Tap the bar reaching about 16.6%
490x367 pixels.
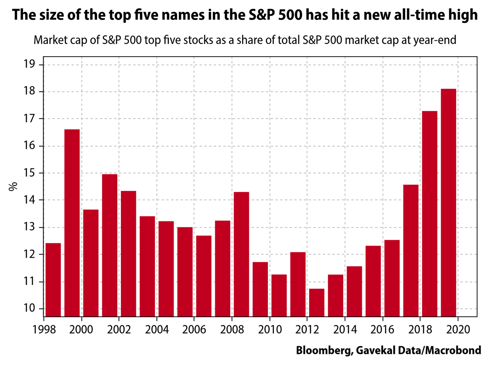[72, 222]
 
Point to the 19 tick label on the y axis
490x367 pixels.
[31, 65]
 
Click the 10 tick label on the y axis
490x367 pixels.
[31, 309]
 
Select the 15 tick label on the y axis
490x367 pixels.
[31, 173]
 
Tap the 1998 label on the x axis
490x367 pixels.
[44, 329]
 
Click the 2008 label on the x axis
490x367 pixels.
[232, 329]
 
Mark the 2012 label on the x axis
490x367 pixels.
[307, 329]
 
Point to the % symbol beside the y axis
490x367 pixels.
[13, 187]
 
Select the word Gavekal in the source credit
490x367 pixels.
[372, 350]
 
